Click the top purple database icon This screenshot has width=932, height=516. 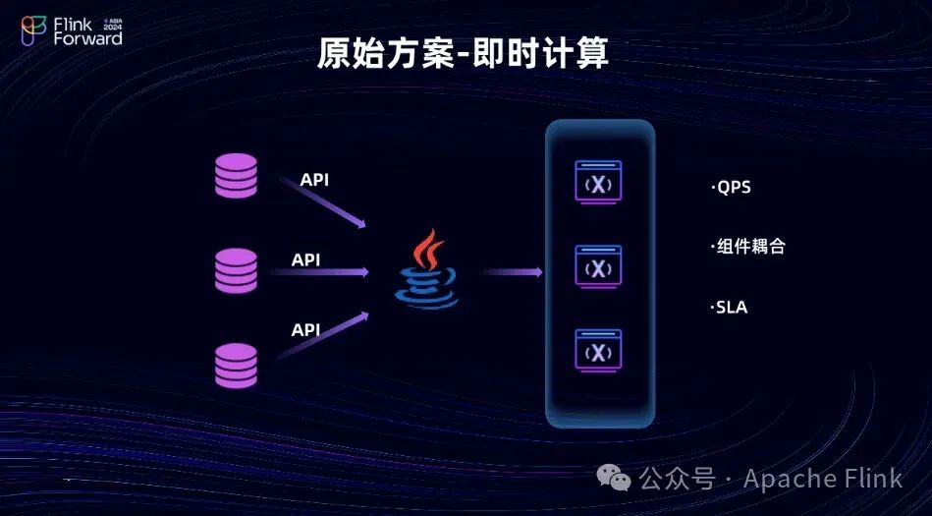tap(236, 176)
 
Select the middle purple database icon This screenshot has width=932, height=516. tap(236, 270)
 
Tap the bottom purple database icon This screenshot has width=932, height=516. tap(236, 365)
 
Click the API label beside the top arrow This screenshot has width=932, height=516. tap(315, 180)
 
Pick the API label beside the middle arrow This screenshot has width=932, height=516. tap(306, 260)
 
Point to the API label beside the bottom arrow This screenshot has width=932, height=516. tap(306, 330)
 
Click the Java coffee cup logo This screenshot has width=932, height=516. tap(427, 270)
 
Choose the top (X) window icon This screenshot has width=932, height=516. tap(598, 184)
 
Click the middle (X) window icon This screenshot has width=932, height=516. tap(598, 267)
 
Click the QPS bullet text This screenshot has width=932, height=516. tap(732, 187)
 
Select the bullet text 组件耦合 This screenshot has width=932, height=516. tap(748, 247)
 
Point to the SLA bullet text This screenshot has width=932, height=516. tap(730, 308)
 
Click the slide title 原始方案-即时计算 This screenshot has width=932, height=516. tap(463, 53)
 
